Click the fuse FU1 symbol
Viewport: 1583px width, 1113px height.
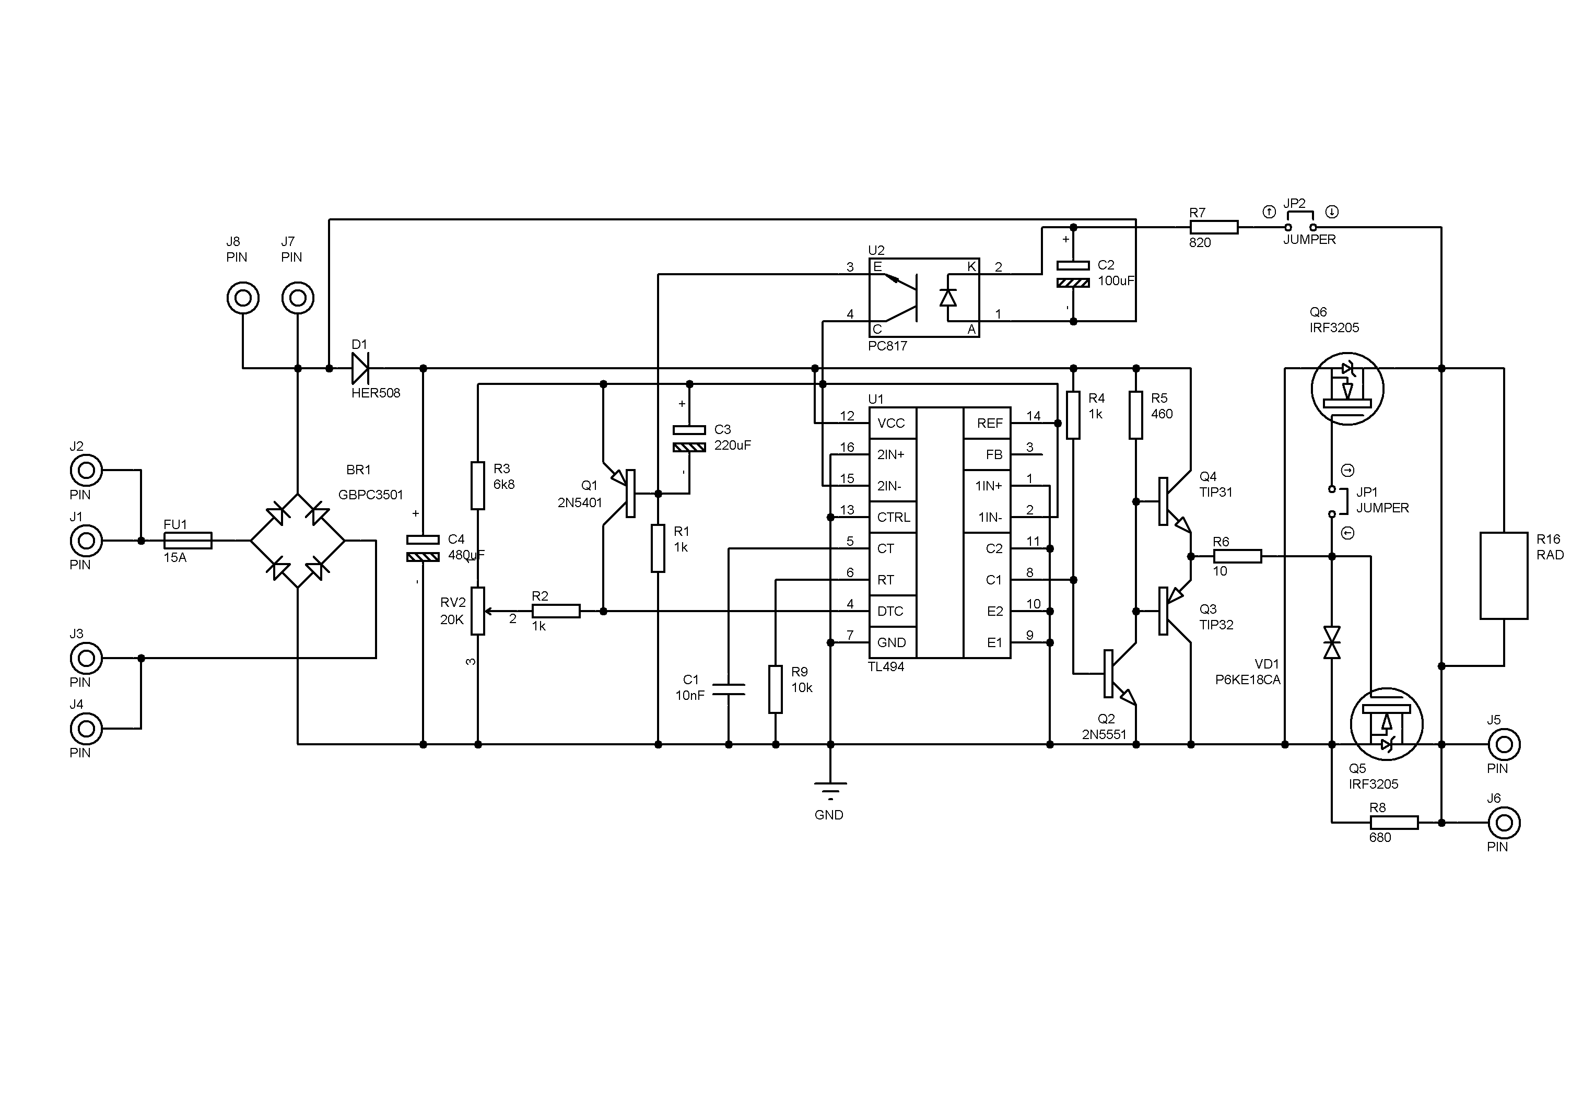(x=187, y=541)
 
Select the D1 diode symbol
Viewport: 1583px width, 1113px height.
(x=359, y=368)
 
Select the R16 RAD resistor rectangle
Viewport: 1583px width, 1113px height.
(x=1504, y=576)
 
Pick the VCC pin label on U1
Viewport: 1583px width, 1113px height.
(x=891, y=423)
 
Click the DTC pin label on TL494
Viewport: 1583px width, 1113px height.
(x=890, y=612)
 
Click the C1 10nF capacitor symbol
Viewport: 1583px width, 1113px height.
(x=729, y=689)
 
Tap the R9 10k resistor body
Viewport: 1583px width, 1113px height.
(x=776, y=689)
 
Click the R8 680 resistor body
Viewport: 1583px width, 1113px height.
(x=1393, y=823)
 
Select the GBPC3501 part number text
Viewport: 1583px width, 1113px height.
(x=371, y=495)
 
